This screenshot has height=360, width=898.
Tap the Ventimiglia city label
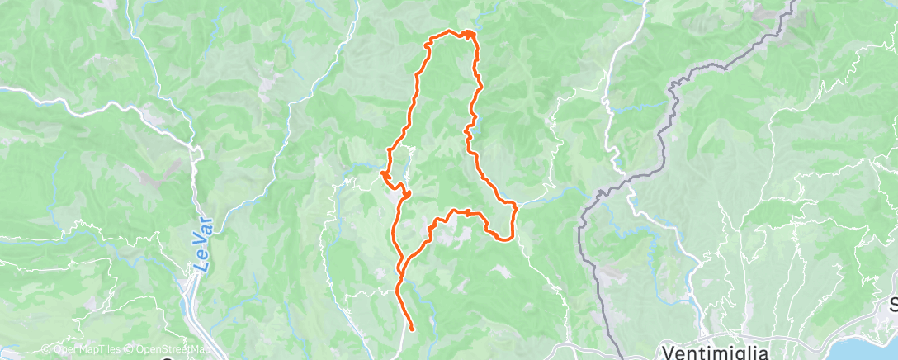pos(716,352)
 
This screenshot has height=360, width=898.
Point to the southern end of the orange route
pos(411,329)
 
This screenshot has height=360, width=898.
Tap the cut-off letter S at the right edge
pos(893,306)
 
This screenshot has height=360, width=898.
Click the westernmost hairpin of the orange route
pos(383,174)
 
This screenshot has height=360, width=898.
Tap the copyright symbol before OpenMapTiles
pos(45,349)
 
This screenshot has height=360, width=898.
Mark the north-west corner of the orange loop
pos(428,43)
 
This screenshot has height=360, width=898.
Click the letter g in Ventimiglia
pos(737,353)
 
